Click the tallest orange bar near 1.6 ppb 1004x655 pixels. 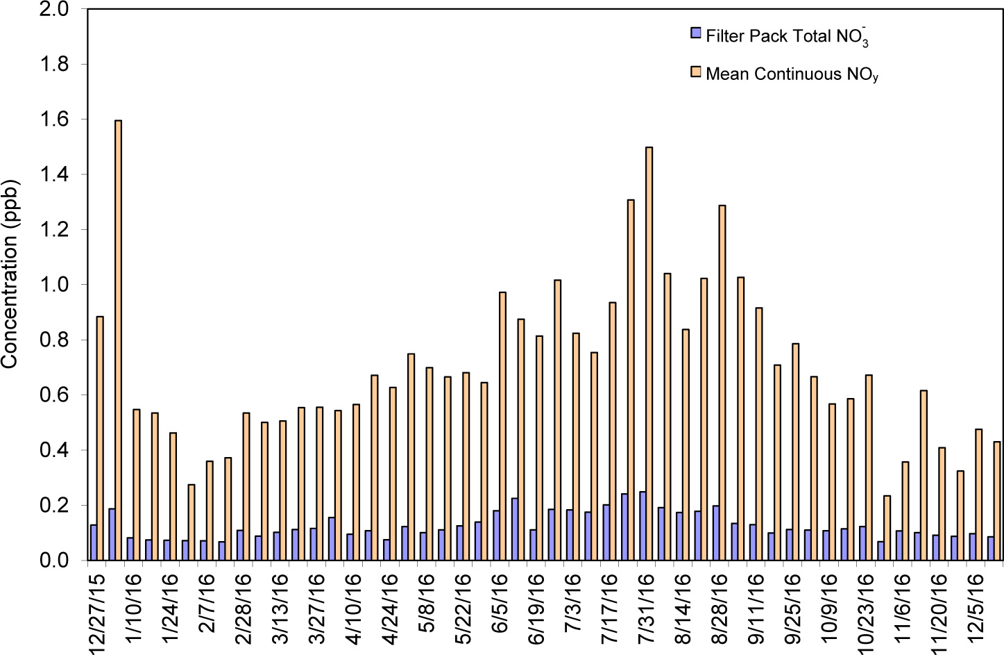point(118,340)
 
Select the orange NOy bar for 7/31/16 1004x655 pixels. point(649,354)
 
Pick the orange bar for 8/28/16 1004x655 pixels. point(722,383)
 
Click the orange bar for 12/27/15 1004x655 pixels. point(100,438)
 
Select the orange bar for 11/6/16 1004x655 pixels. point(905,511)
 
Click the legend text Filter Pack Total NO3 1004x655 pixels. point(787,36)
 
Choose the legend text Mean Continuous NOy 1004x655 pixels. point(792,74)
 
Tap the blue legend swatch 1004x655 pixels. point(695,33)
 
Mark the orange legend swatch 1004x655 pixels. point(695,72)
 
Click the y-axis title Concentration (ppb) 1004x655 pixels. point(10,274)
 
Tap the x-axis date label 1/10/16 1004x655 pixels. point(133,608)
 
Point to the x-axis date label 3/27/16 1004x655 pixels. point(316,608)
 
